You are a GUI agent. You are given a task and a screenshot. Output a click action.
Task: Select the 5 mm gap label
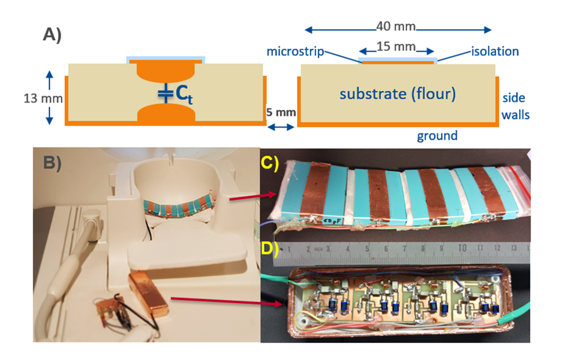click(282, 112)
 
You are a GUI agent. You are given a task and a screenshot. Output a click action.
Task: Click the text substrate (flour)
click(398, 94)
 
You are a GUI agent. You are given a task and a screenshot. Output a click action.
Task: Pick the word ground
click(437, 135)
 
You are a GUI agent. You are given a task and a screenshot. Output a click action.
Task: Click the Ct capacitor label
click(182, 95)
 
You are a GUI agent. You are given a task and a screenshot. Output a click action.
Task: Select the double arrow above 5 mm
click(282, 127)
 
